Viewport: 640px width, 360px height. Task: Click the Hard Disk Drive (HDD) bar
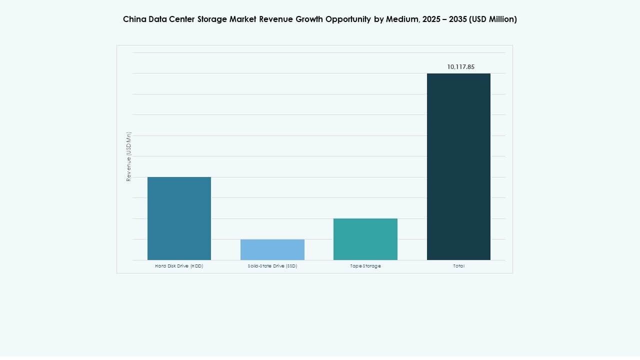(x=179, y=218)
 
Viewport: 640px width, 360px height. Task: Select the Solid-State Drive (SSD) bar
(x=272, y=249)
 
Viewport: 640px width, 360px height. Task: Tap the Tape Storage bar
(x=365, y=239)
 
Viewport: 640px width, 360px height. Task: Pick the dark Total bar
(x=458, y=166)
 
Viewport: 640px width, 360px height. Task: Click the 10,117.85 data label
(x=460, y=66)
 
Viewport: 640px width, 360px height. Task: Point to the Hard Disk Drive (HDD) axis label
(x=179, y=266)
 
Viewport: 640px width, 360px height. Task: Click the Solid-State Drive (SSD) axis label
(x=272, y=266)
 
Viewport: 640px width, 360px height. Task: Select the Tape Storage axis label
(x=365, y=266)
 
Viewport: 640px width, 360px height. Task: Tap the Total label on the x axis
(x=458, y=266)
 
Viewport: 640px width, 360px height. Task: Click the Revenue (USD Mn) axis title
(x=128, y=156)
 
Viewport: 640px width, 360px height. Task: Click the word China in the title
(x=134, y=19)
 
